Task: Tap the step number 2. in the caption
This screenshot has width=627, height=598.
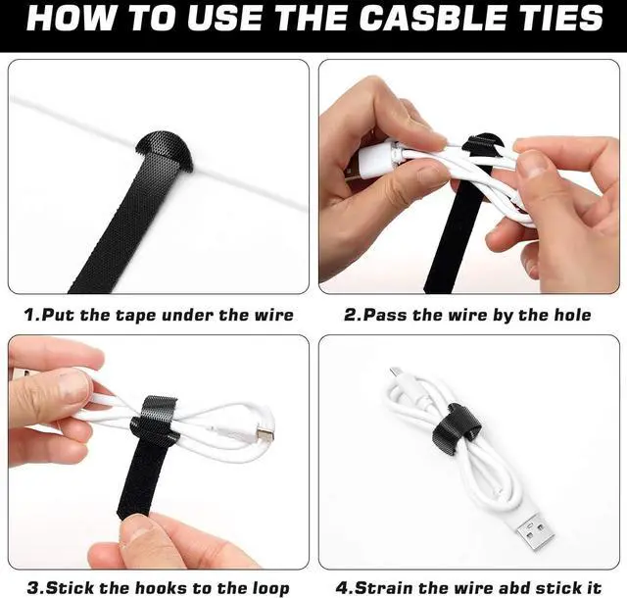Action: (354, 316)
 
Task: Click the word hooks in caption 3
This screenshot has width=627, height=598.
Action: (153, 588)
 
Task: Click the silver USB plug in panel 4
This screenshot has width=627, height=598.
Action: (533, 530)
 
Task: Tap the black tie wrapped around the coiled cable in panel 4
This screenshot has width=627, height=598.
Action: (463, 423)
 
